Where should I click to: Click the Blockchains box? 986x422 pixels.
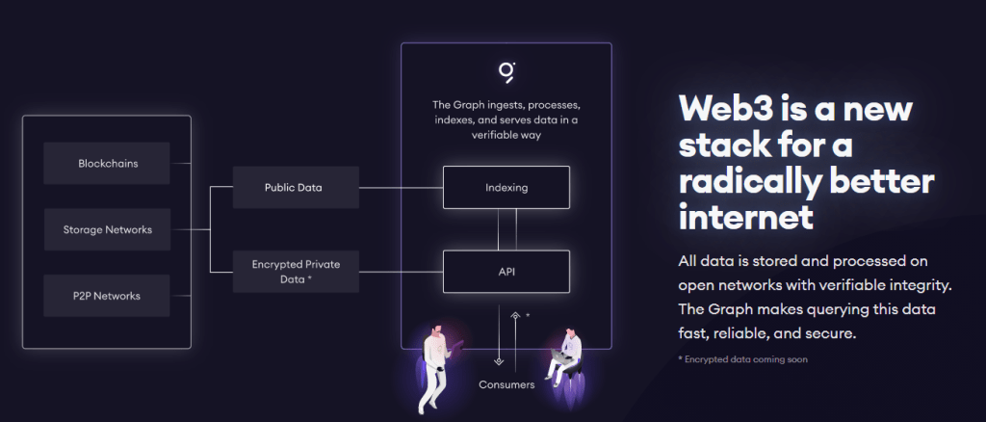pos(108,163)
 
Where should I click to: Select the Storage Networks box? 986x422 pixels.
pos(108,229)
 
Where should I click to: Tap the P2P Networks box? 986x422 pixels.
pos(108,296)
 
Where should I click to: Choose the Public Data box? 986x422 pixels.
pos(294,187)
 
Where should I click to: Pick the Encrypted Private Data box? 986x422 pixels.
pos(296,271)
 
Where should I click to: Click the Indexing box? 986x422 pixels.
pos(506,187)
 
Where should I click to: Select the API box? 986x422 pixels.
pos(506,271)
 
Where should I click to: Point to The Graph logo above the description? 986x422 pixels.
pos(506,72)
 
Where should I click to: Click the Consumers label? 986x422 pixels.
pos(506,385)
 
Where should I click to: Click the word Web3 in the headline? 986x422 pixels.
pos(730,108)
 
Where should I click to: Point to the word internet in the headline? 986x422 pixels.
pos(745,216)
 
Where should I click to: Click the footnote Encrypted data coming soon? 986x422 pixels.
pos(743,359)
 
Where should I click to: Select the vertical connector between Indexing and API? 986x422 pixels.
pos(498,229)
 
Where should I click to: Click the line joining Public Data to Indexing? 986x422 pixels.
pos(401,187)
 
